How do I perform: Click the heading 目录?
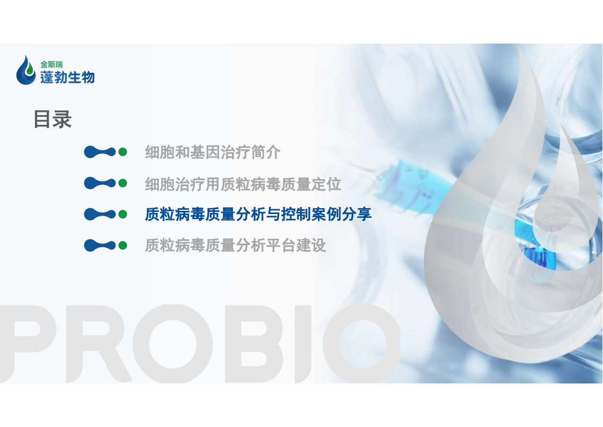click(x=53, y=119)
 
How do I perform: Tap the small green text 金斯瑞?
click(x=52, y=65)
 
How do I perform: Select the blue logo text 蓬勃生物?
click(x=67, y=77)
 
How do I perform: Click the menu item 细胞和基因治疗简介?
click(x=213, y=153)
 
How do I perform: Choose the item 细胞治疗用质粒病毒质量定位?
click(x=243, y=184)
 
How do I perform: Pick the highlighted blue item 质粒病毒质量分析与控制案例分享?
click(x=258, y=215)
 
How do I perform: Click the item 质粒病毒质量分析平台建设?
click(x=235, y=245)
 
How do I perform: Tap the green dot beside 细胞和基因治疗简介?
click(x=122, y=152)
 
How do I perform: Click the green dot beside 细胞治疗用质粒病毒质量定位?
click(x=122, y=183)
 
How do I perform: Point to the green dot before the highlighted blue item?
click(x=122, y=214)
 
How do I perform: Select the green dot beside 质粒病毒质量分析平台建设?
click(x=122, y=245)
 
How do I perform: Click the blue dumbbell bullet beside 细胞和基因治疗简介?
click(x=100, y=152)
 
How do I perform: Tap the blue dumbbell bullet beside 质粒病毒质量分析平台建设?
click(x=100, y=245)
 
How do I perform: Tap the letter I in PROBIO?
click(x=303, y=344)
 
